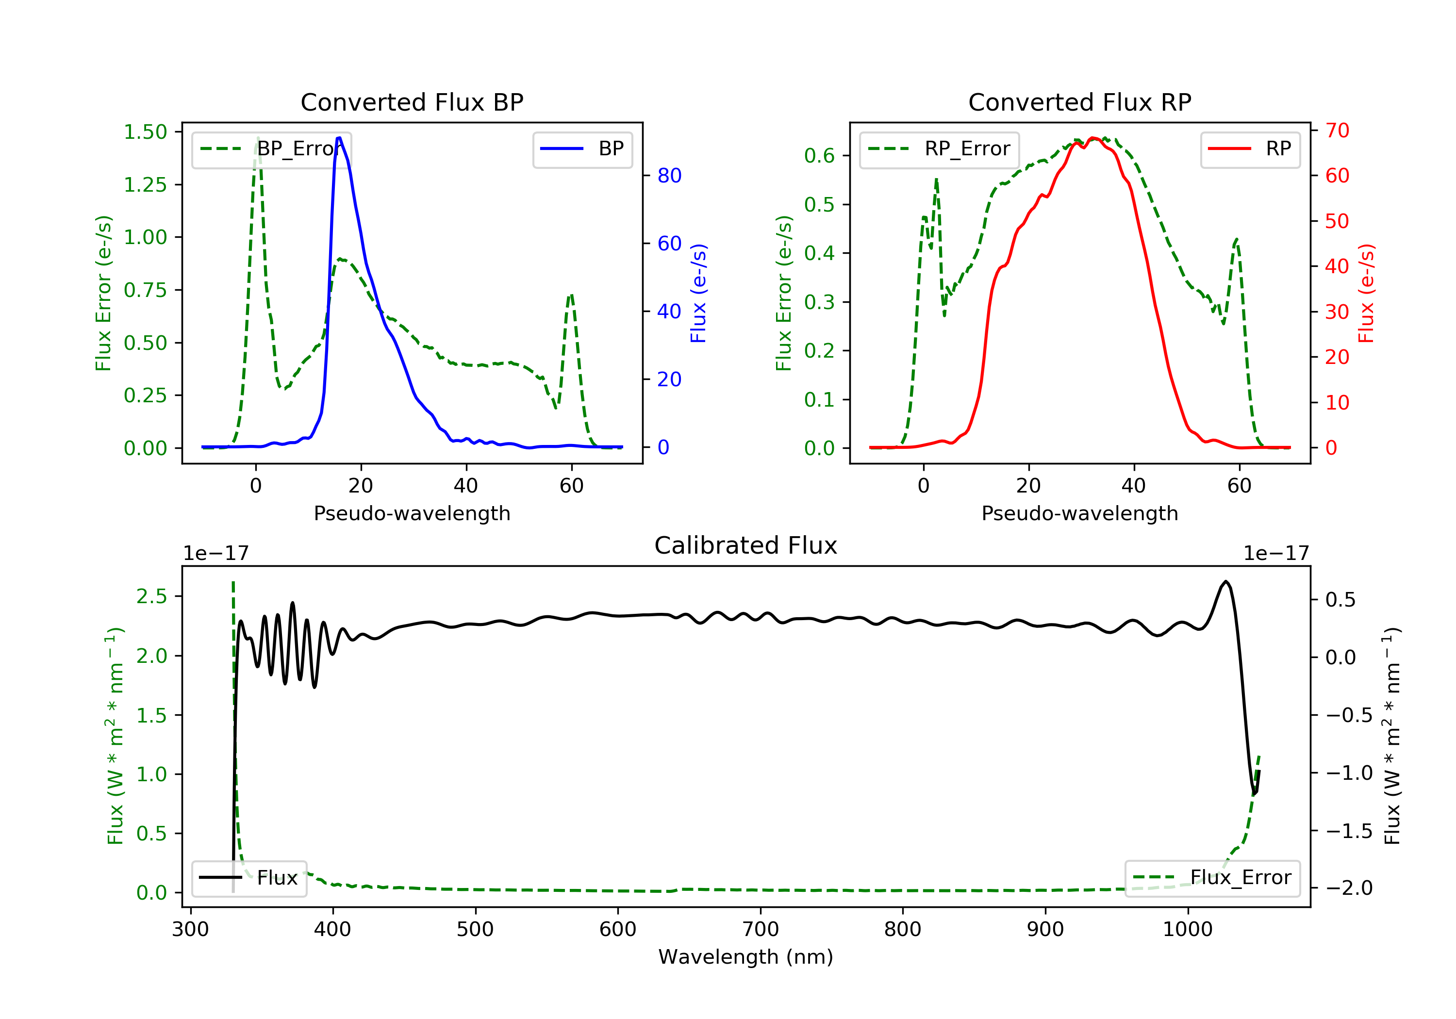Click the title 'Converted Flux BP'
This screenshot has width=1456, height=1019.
pyautogui.click(x=412, y=102)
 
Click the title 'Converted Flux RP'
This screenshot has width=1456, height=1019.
pyautogui.click(x=1079, y=102)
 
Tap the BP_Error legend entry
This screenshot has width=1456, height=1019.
pyautogui.click(x=271, y=149)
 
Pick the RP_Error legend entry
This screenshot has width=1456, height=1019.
pyautogui.click(x=939, y=149)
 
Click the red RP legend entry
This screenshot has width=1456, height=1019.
pyautogui.click(x=1250, y=149)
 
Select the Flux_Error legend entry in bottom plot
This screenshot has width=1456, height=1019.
pyautogui.click(x=1212, y=878)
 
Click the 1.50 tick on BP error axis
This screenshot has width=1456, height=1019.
pyautogui.click(x=145, y=132)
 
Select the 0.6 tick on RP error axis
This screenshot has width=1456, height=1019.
pyautogui.click(x=819, y=156)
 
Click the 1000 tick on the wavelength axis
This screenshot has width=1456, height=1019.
pyautogui.click(x=1187, y=930)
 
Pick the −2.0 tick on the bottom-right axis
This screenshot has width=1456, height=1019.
pyautogui.click(x=1348, y=888)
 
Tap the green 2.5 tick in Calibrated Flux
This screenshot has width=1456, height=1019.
pyautogui.click(x=151, y=597)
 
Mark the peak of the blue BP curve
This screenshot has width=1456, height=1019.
pyautogui.click(x=339, y=138)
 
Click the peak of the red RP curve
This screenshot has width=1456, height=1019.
pyautogui.click(x=1092, y=138)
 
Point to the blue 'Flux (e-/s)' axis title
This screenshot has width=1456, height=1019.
pyautogui.click(x=698, y=293)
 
